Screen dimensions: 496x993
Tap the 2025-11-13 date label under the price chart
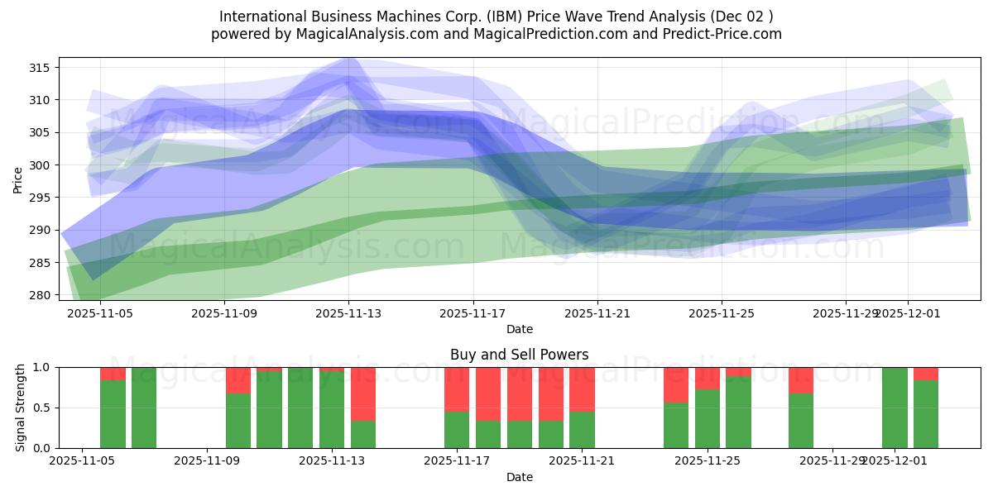(348, 314)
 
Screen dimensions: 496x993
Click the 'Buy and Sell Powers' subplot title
(519, 355)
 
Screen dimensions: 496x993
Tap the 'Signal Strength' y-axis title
(21, 408)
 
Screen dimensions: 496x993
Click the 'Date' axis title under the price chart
(519, 329)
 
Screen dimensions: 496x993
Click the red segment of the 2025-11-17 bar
(457, 389)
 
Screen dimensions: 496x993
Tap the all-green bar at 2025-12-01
(895, 408)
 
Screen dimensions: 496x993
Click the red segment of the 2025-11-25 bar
(708, 378)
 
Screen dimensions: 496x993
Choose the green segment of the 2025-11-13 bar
(332, 410)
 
